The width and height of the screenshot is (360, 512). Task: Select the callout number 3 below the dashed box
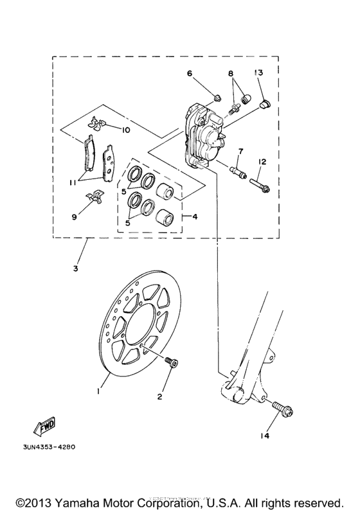tap(75, 268)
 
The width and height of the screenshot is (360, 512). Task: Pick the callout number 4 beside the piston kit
tap(195, 217)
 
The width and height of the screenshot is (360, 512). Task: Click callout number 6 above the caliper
tap(190, 74)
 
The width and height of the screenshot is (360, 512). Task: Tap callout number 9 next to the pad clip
tap(74, 217)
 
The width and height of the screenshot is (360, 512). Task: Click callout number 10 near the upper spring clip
tap(125, 130)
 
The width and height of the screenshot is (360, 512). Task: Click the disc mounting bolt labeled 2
tap(170, 363)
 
